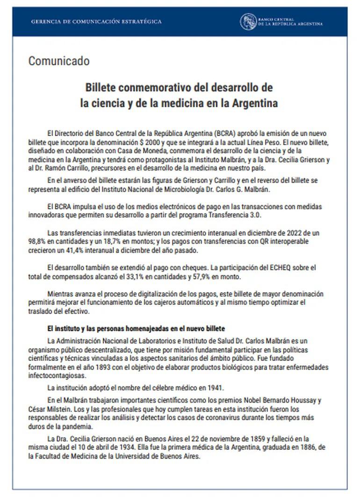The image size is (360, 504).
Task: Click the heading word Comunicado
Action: pyautogui.click(x=58, y=61)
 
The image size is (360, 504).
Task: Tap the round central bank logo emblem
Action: pyautogui.click(x=248, y=22)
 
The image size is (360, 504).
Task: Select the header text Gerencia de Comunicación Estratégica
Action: pyautogui.click(x=96, y=22)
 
